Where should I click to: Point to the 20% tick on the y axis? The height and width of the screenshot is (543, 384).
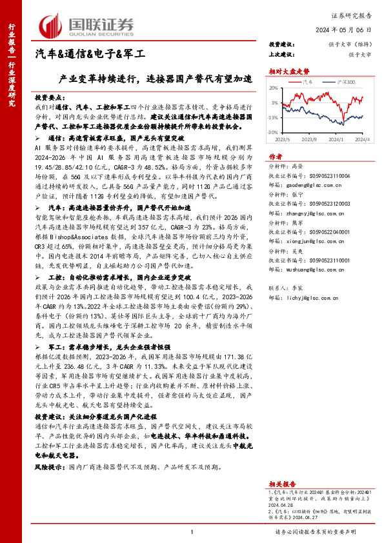tap(274, 88)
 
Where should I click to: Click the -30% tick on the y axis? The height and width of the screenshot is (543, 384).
tap(274, 132)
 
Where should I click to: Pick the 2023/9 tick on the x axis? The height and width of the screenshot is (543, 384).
tap(308, 138)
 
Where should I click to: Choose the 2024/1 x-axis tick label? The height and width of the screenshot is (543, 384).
tap(335, 138)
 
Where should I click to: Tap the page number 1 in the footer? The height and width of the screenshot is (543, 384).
tap(192, 531)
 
